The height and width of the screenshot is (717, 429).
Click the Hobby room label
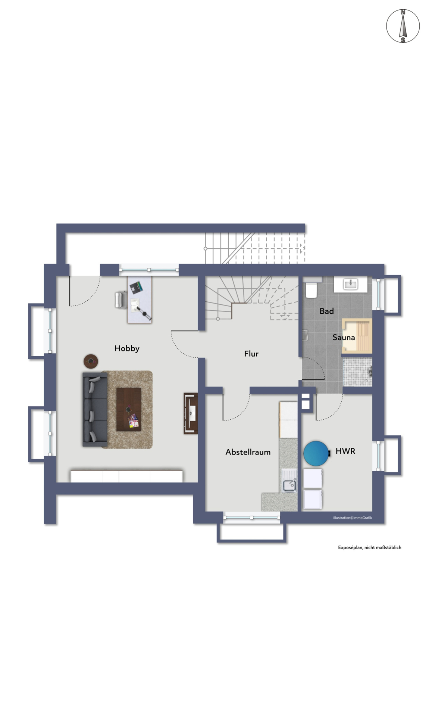pyautogui.click(x=127, y=348)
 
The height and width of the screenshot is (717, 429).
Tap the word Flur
pyautogui.click(x=251, y=354)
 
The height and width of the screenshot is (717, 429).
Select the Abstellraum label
pyautogui.click(x=248, y=452)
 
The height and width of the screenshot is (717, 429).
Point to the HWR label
pyautogui.click(x=345, y=451)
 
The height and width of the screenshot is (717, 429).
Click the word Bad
pyautogui.click(x=326, y=311)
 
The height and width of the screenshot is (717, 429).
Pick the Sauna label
pyautogui.click(x=344, y=338)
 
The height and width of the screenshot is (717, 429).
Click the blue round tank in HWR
pyautogui.click(x=316, y=453)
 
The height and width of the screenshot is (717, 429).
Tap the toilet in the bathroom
pyautogui.click(x=311, y=288)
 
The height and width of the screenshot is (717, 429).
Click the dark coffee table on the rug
pyautogui.click(x=129, y=409)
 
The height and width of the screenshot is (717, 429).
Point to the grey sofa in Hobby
pyautogui.click(x=95, y=409)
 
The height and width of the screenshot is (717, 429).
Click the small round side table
pyautogui.click(x=91, y=361)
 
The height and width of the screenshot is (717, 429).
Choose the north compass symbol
pyautogui.click(x=403, y=26)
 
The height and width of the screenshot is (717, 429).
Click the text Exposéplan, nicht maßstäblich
pyautogui.click(x=370, y=547)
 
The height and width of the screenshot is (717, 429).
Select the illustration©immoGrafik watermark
pyautogui.click(x=353, y=518)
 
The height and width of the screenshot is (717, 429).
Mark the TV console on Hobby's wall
pyautogui.click(x=191, y=413)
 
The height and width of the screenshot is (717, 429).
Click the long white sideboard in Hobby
pyautogui.click(x=126, y=476)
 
